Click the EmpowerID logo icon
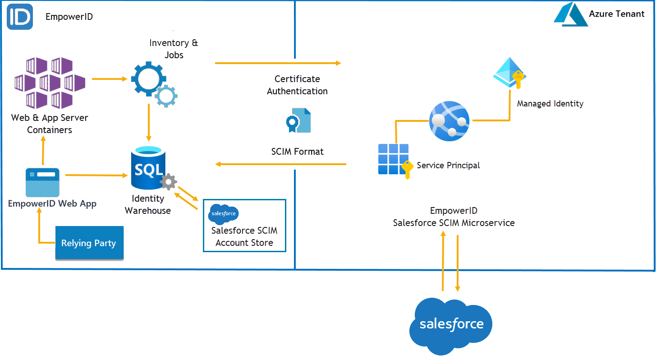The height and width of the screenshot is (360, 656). point(20,17)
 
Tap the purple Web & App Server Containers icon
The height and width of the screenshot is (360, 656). point(50,83)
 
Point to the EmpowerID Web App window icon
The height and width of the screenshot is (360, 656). point(42,182)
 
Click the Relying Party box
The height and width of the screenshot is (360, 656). point(89,243)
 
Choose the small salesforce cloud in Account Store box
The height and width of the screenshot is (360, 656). point(223,214)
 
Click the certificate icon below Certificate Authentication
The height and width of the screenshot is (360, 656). point(298,120)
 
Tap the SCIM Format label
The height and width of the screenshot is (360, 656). point(298,152)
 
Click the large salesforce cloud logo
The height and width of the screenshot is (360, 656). point(451,325)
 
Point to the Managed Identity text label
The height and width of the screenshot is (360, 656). point(550,104)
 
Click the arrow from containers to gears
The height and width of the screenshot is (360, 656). point(110,79)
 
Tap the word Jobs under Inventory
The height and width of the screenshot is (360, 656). point(174,55)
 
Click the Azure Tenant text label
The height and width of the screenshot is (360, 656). point(616,14)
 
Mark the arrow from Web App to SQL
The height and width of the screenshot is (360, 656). point(96,175)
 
